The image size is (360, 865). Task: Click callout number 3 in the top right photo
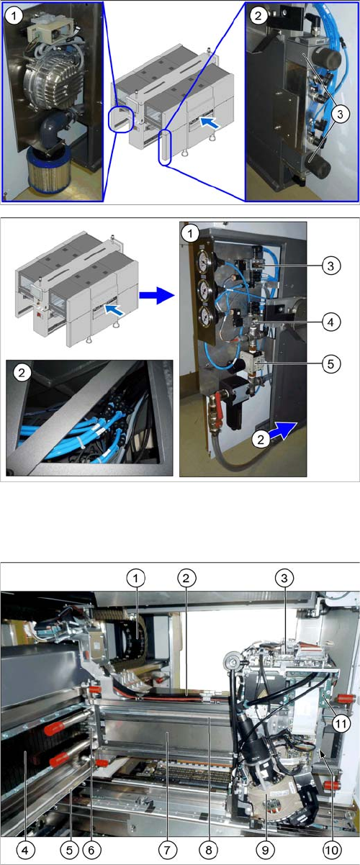pos(340,114)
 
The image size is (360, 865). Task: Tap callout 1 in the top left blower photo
pos(14,16)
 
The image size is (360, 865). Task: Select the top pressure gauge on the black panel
pos(202,262)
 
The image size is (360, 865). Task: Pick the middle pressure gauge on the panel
pos(203,289)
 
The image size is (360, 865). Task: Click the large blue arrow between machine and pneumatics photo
pos(156,296)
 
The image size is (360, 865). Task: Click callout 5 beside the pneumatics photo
pos(331,363)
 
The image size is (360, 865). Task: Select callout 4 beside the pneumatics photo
pos(331,322)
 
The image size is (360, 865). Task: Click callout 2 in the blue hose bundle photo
pos(22,372)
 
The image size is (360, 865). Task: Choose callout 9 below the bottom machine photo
pos(265,850)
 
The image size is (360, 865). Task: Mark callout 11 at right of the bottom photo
pos(341,723)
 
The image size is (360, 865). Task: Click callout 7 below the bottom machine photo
pos(167,850)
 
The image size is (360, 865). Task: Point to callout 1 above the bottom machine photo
pos(135,578)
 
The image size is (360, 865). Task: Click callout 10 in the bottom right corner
pos(331,850)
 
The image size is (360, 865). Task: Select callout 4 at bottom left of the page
pos(25,850)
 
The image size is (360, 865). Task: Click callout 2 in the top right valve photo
pos(258,16)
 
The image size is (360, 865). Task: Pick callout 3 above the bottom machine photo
pos(284,578)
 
